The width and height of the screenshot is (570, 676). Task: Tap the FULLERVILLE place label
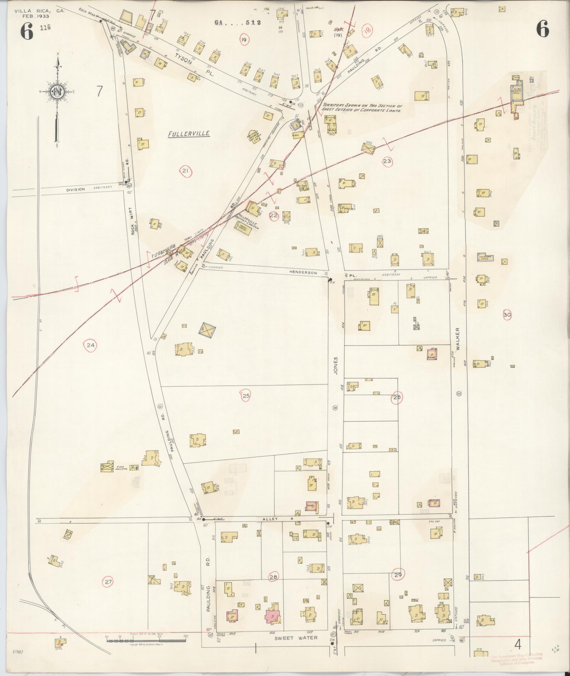pyautogui.click(x=189, y=134)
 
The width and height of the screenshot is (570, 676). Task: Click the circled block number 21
pyautogui.click(x=185, y=171)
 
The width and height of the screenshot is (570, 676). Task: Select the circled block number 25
pyautogui.click(x=246, y=396)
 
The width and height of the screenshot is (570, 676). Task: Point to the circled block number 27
pyautogui.click(x=108, y=581)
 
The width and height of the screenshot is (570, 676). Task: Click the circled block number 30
pyautogui.click(x=507, y=315)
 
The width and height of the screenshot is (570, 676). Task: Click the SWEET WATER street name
pyautogui.click(x=296, y=638)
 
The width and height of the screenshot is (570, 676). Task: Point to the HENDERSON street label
pyautogui.click(x=304, y=273)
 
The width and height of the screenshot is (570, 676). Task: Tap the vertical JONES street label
pyautogui.click(x=336, y=366)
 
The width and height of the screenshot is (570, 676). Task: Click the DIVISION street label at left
pyautogui.click(x=76, y=189)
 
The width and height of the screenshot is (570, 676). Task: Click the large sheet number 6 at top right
pyautogui.click(x=542, y=29)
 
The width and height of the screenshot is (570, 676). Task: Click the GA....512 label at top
pyautogui.click(x=237, y=23)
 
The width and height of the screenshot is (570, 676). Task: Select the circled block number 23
pyautogui.click(x=387, y=161)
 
